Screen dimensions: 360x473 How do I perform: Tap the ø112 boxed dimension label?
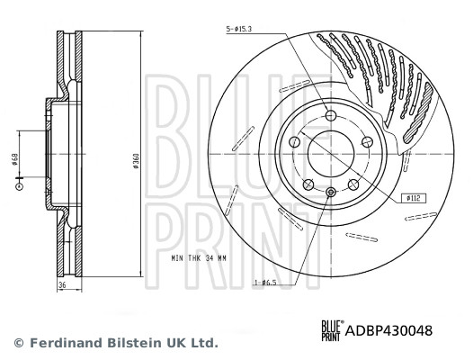point(415,195)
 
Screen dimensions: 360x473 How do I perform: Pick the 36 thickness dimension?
point(63,287)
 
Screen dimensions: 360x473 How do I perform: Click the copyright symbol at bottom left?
point(17,343)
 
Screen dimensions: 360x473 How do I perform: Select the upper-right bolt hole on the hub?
point(365,141)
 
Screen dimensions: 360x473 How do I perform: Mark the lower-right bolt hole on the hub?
point(353,181)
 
